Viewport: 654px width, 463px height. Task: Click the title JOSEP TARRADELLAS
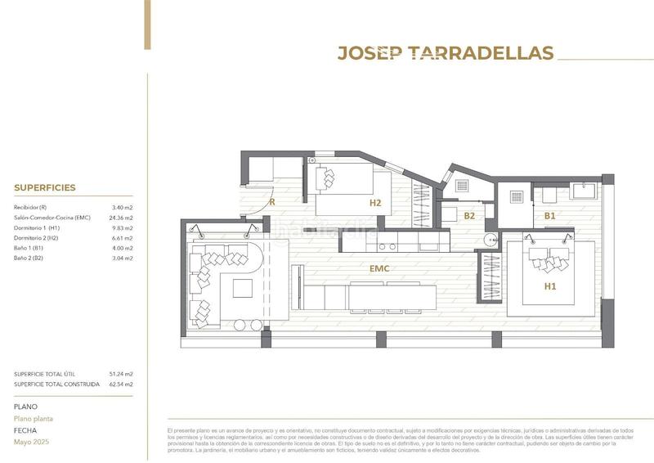(x=446, y=53)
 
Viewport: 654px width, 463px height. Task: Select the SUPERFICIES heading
(x=44, y=187)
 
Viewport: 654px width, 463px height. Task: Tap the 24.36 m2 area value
(x=120, y=218)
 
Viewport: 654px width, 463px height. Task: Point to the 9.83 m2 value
(x=122, y=228)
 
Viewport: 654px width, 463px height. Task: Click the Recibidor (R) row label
(x=31, y=209)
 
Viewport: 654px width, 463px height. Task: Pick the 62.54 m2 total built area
(x=120, y=384)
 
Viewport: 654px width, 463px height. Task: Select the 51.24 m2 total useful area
(x=120, y=374)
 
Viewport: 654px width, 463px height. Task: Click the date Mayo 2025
(x=30, y=441)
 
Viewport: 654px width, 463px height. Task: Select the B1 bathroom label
(x=550, y=216)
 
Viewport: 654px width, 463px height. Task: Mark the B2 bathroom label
(x=469, y=216)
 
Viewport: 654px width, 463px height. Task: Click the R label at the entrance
(x=271, y=200)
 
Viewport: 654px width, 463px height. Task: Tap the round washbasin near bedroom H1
(x=489, y=240)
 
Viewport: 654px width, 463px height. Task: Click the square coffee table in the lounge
(x=243, y=289)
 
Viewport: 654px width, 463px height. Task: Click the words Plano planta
(x=34, y=418)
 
